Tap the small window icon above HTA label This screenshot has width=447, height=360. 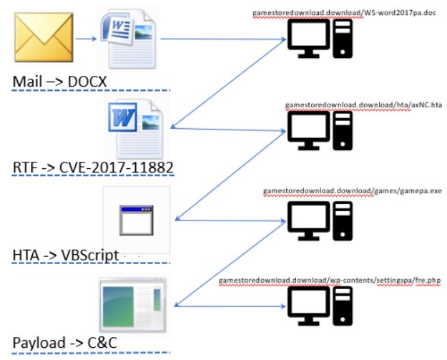pyautogui.click(x=136, y=220)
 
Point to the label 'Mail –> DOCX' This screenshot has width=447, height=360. pyautogui.click(x=59, y=82)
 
